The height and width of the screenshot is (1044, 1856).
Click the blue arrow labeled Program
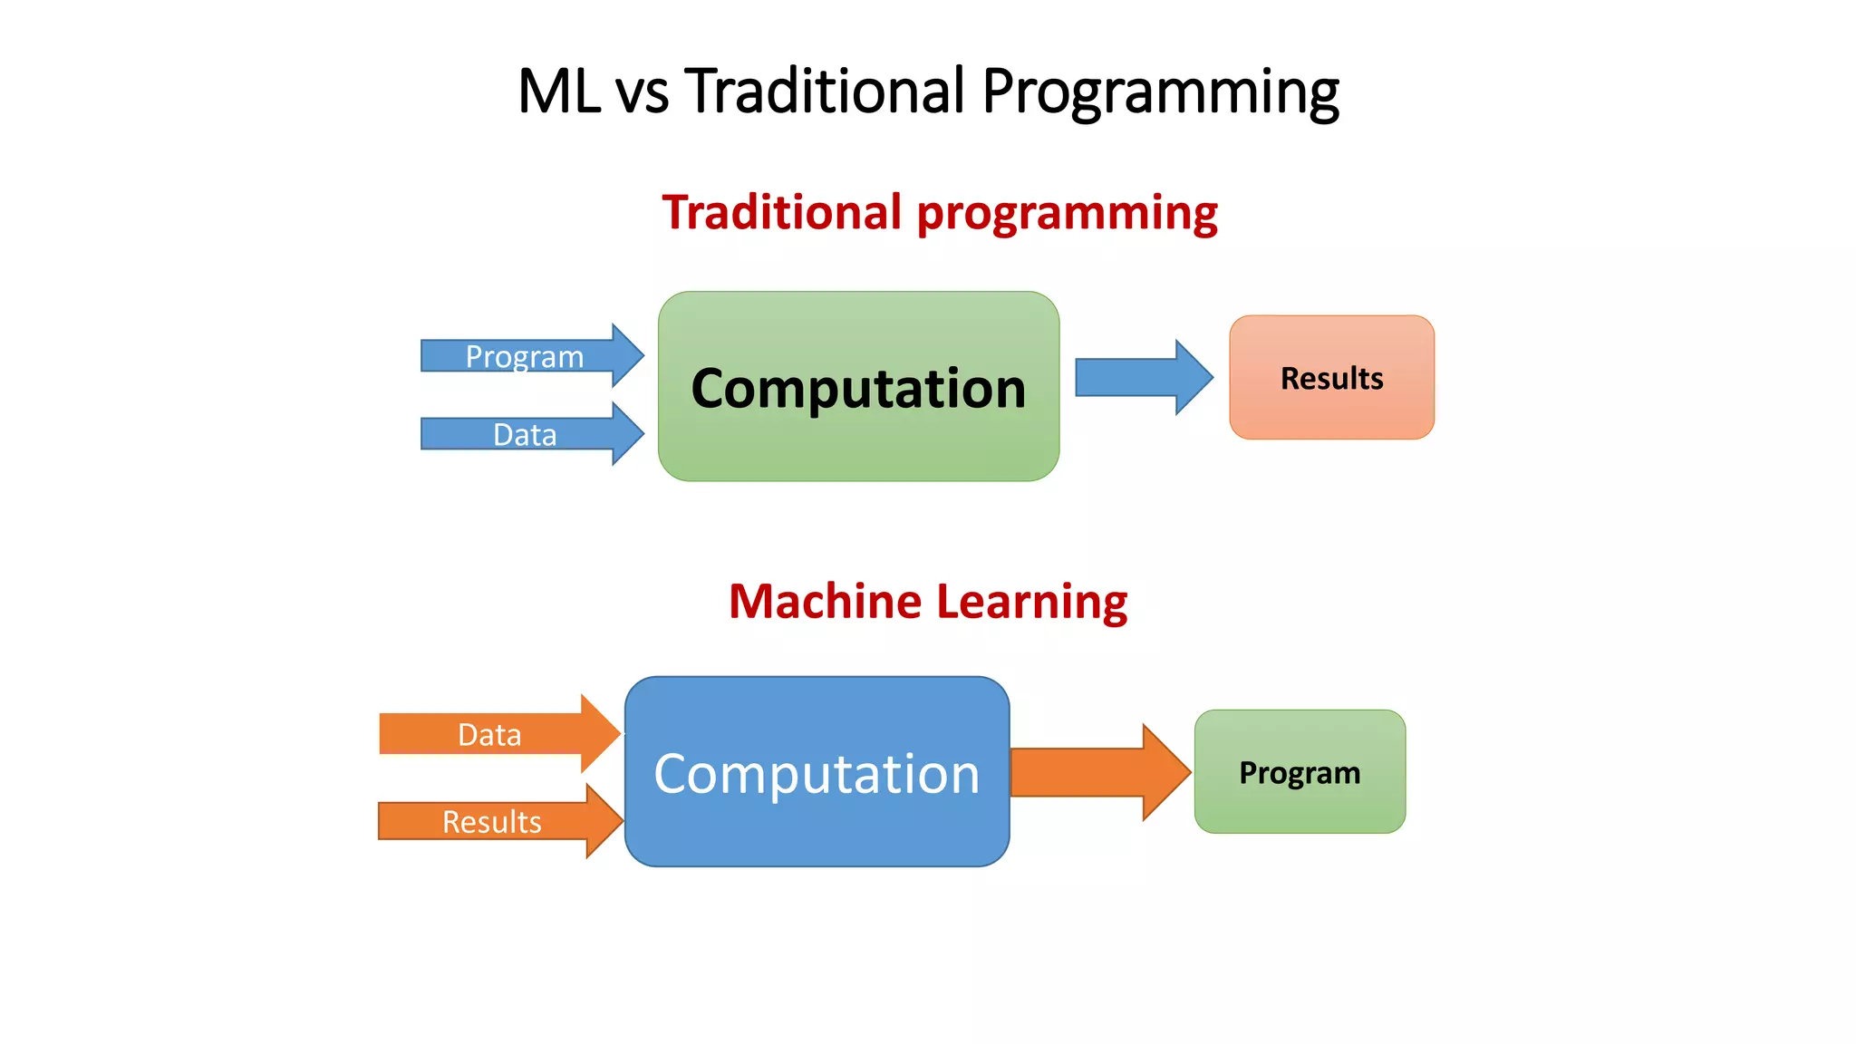click(x=526, y=356)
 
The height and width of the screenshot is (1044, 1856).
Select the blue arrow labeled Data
click(x=526, y=434)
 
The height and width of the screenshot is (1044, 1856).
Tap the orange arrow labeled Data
click(x=490, y=734)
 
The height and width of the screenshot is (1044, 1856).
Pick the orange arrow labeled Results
click(x=492, y=821)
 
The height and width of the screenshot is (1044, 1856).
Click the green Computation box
click(x=858, y=387)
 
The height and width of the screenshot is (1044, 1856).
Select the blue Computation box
click(x=817, y=772)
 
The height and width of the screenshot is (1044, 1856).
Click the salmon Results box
click(x=1331, y=378)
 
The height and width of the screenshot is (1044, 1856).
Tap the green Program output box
click(x=1300, y=772)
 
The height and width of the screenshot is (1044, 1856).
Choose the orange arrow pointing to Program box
click(x=1097, y=773)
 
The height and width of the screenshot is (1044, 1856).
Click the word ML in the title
click(x=558, y=92)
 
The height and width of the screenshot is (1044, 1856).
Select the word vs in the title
click(x=642, y=93)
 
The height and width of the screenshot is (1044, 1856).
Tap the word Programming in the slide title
click(x=1160, y=93)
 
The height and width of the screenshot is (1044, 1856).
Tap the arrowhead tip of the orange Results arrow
click(x=621, y=821)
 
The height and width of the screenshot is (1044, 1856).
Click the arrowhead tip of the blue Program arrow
click(x=642, y=355)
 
